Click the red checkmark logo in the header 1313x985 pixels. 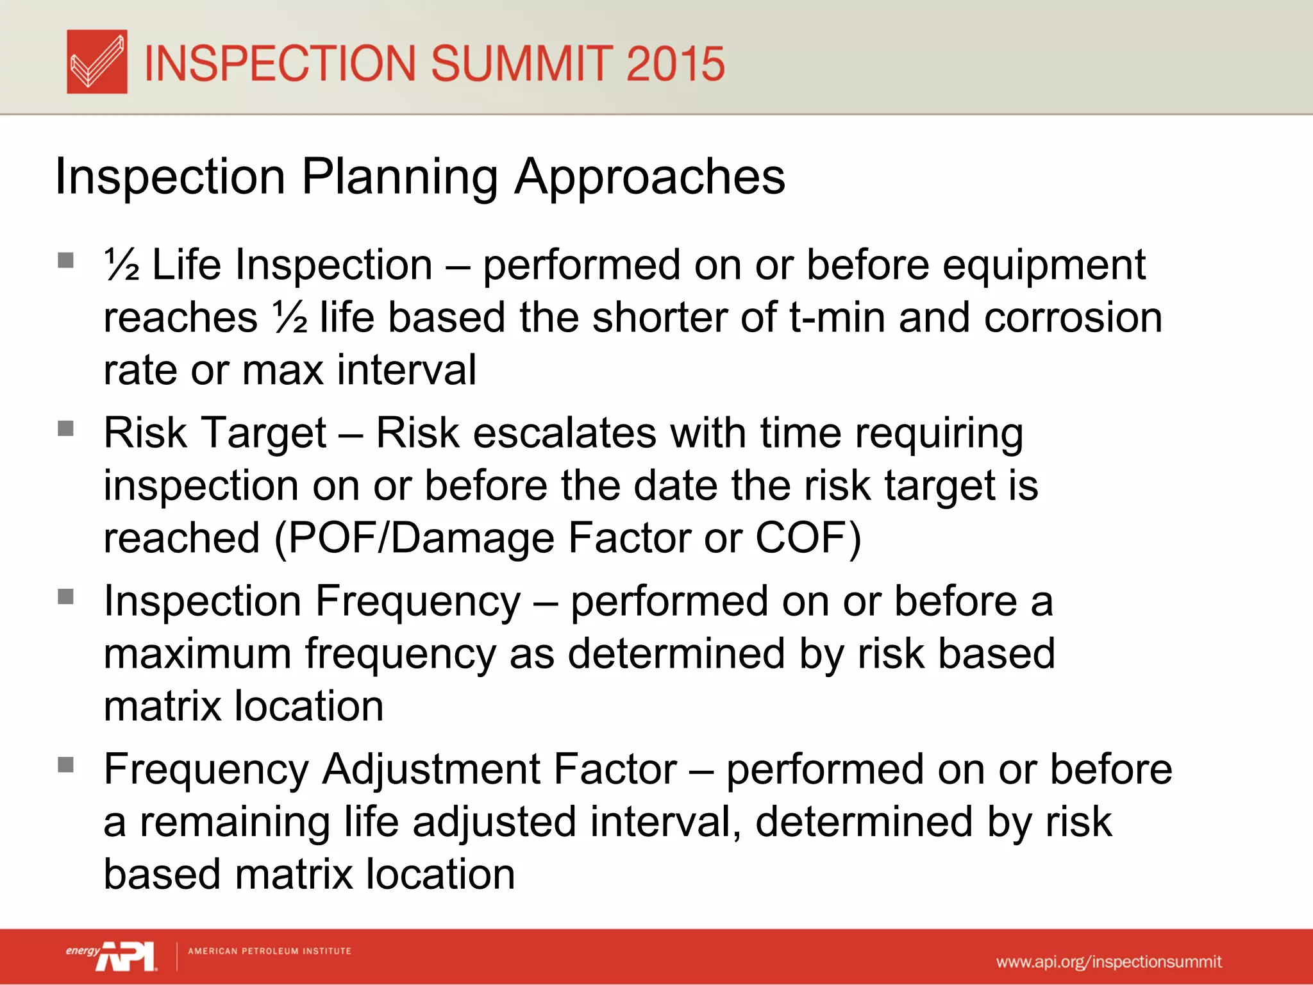[97, 62]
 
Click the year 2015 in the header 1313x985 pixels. [674, 63]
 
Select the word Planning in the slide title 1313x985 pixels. [399, 176]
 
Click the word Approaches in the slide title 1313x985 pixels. [649, 176]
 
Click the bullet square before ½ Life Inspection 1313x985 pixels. [65, 260]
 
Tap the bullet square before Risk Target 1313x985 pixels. [65, 428]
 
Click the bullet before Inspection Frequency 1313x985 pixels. [65, 596]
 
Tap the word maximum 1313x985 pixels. [197, 653]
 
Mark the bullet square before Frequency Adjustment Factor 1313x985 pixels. [65, 764]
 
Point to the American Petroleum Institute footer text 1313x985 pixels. [269, 951]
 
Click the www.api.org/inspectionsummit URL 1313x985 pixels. [1108, 962]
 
